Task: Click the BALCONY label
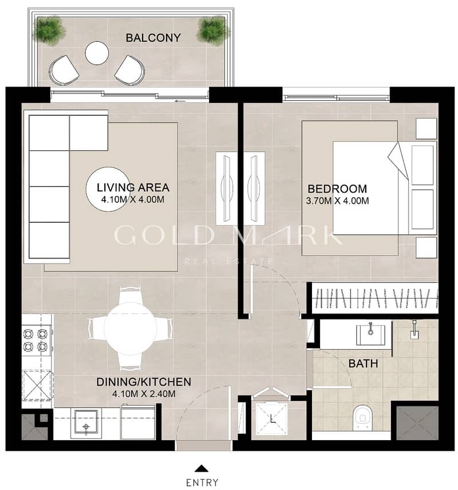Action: pos(153,38)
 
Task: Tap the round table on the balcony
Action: pos(97,53)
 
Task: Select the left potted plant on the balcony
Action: pos(50,30)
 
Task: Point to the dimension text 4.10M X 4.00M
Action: pos(133,199)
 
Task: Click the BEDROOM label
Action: pos(337,189)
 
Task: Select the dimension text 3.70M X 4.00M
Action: pos(337,201)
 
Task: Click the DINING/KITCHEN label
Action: pos(144,382)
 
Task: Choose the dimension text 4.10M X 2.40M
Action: pos(144,394)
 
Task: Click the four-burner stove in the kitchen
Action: pos(35,340)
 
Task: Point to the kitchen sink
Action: pos(86,424)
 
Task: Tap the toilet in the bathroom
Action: pos(363,418)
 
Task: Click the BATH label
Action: pos(363,363)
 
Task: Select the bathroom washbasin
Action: pos(370,335)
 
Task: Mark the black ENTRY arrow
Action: pos(202,468)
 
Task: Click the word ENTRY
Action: pos(202,483)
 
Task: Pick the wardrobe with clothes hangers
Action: pos(375,298)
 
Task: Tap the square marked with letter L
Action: pos(271,419)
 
